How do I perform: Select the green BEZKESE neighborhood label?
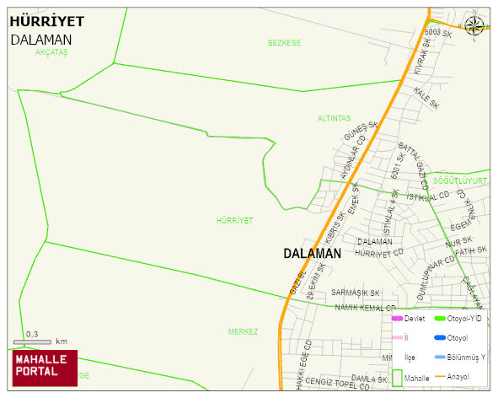(284, 42)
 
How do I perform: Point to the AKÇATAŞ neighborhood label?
(51, 52)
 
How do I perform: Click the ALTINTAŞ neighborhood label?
(334, 118)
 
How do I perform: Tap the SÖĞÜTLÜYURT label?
(460, 180)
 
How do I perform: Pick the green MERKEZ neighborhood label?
(243, 331)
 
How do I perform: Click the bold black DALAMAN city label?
(312, 253)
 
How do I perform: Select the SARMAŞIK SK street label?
(356, 293)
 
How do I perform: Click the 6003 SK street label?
(440, 34)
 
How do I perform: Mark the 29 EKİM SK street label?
(316, 281)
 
